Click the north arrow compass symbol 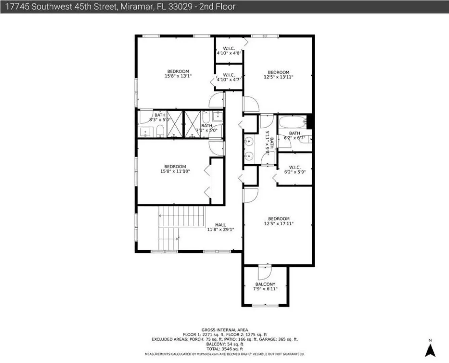click(x=430, y=350)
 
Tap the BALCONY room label click(x=265, y=284)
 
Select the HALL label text click(x=220, y=225)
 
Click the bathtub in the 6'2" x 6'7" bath click(x=293, y=122)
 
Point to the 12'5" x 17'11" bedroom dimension click(x=279, y=224)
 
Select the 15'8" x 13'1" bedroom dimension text click(x=178, y=76)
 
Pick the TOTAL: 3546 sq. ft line click(x=225, y=349)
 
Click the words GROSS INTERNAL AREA click(x=225, y=330)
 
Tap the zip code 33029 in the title click(x=180, y=7)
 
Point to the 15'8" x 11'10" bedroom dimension click(x=175, y=171)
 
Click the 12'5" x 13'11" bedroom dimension click(x=279, y=77)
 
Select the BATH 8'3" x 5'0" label click(x=160, y=117)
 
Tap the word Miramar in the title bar click(x=136, y=7)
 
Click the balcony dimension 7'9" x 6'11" click(x=265, y=289)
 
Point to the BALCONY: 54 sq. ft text click(x=225, y=344)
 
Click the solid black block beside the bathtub click(x=309, y=121)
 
